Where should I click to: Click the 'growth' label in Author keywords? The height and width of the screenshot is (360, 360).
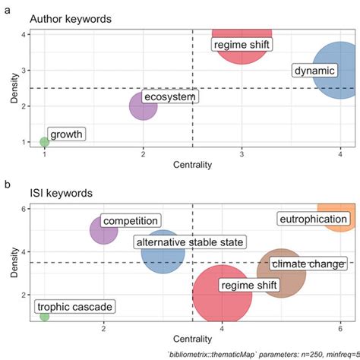pyautogui.click(x=66, y=134)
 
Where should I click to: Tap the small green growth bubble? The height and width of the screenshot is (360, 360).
pyautogui.click(x=44, y=142)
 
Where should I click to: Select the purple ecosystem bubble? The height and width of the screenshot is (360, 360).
pyautogui.click(x=143, y=106)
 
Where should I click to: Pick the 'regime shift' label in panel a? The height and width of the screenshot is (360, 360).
pyautogui.click(x=241, y=45)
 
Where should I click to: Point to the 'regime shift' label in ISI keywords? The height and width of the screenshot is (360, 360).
pyautogui.click(x=249, y=285)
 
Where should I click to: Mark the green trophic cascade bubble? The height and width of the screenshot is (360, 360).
pyautogui.click(x=44, y=316)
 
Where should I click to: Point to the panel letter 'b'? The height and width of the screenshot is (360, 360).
pyautogui.click(x=8, y=184)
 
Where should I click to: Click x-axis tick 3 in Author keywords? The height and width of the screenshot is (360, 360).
pyautogui.click(x=242, y=153)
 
